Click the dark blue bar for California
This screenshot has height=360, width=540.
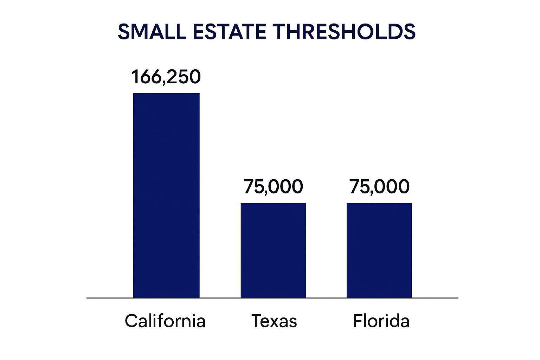click(166, 195)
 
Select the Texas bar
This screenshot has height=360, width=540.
click(273, 250)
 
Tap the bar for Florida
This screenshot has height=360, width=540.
click(379, 250)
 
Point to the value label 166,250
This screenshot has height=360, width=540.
click(166, 77)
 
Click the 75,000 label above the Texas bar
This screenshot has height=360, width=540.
click(273, 186)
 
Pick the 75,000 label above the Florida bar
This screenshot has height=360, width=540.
click(379, 186)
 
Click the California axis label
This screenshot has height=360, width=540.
click(165, 321)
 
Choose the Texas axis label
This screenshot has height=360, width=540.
click(274, 321)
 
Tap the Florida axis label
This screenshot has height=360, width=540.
click(381, 321)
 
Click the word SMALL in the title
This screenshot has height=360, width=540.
click(152, 32)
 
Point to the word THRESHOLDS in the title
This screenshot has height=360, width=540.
click(344, 32)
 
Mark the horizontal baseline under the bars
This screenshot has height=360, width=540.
click(272, 298)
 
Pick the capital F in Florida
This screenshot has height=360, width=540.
click(357, 321)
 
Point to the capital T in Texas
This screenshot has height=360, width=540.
click(257, 321)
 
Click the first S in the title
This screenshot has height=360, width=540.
click(124, 32)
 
